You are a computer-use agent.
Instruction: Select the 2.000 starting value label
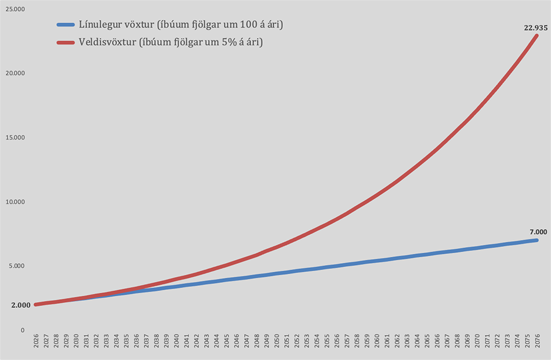pyautogui.click(x=20, y=305)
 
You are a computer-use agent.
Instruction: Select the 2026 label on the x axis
pyautogui.click(x=36, y=340)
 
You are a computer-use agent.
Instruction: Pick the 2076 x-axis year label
pyautogui.click(x=537, y=340)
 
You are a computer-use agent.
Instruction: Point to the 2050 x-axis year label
pyautogui.click(x=277, y=340)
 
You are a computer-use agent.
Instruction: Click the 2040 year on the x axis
pyautogui.click(x=176, y=340)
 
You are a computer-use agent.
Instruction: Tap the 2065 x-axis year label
pyautogui.click(x=427, y=340)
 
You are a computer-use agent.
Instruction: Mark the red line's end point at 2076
pyautogui.click(x=536, y=36)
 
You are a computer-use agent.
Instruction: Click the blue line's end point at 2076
pyautogui.click(x=536, y=240)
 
